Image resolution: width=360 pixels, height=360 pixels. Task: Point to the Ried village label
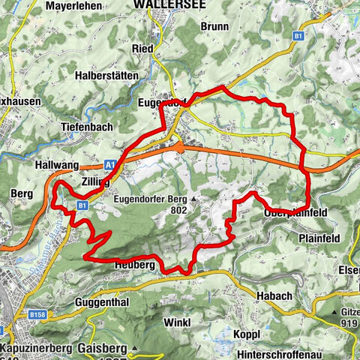click(142, 49)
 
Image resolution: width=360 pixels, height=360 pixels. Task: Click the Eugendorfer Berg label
click(150, 199)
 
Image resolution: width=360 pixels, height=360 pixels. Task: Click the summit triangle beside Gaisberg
click(133, 348)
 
